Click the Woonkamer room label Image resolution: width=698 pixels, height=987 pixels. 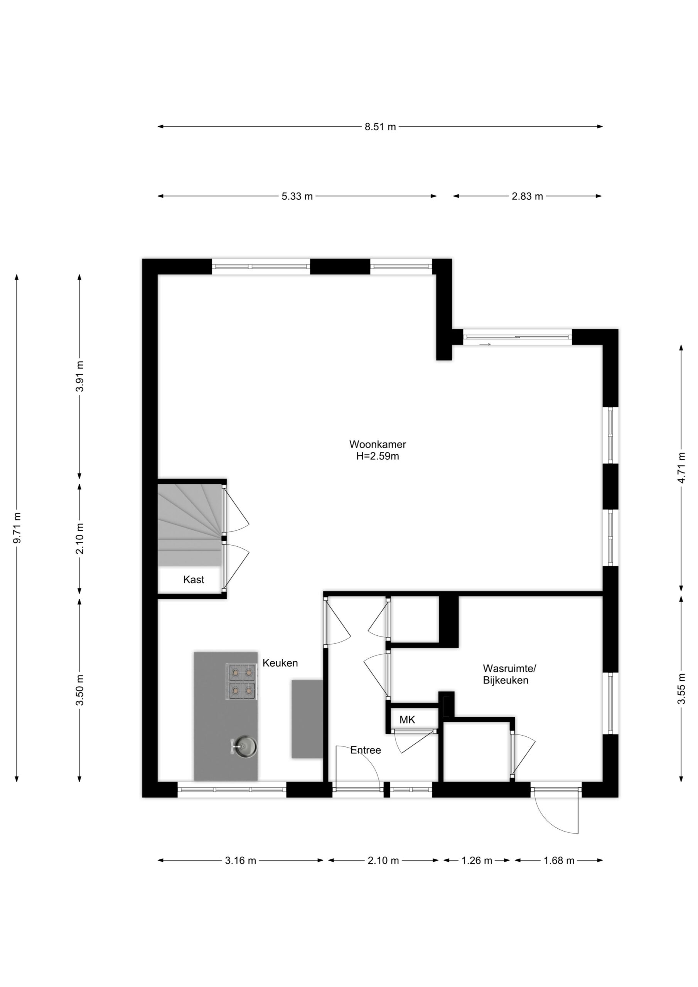click(377, 444)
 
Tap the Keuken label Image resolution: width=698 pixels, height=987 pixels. click(280, 663)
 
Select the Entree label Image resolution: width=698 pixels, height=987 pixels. click(366, 750)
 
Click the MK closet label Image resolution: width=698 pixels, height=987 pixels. click(407, 719)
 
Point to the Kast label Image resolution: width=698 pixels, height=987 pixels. click(194, 579)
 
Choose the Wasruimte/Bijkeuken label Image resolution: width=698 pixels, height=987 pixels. click(510, 674)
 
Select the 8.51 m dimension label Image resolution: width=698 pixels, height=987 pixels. click(380, 127)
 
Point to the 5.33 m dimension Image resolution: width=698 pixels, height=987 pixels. click(297, 197)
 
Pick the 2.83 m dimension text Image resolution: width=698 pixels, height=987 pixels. click(527, 197)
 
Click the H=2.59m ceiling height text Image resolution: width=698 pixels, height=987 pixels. click(377, 456)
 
